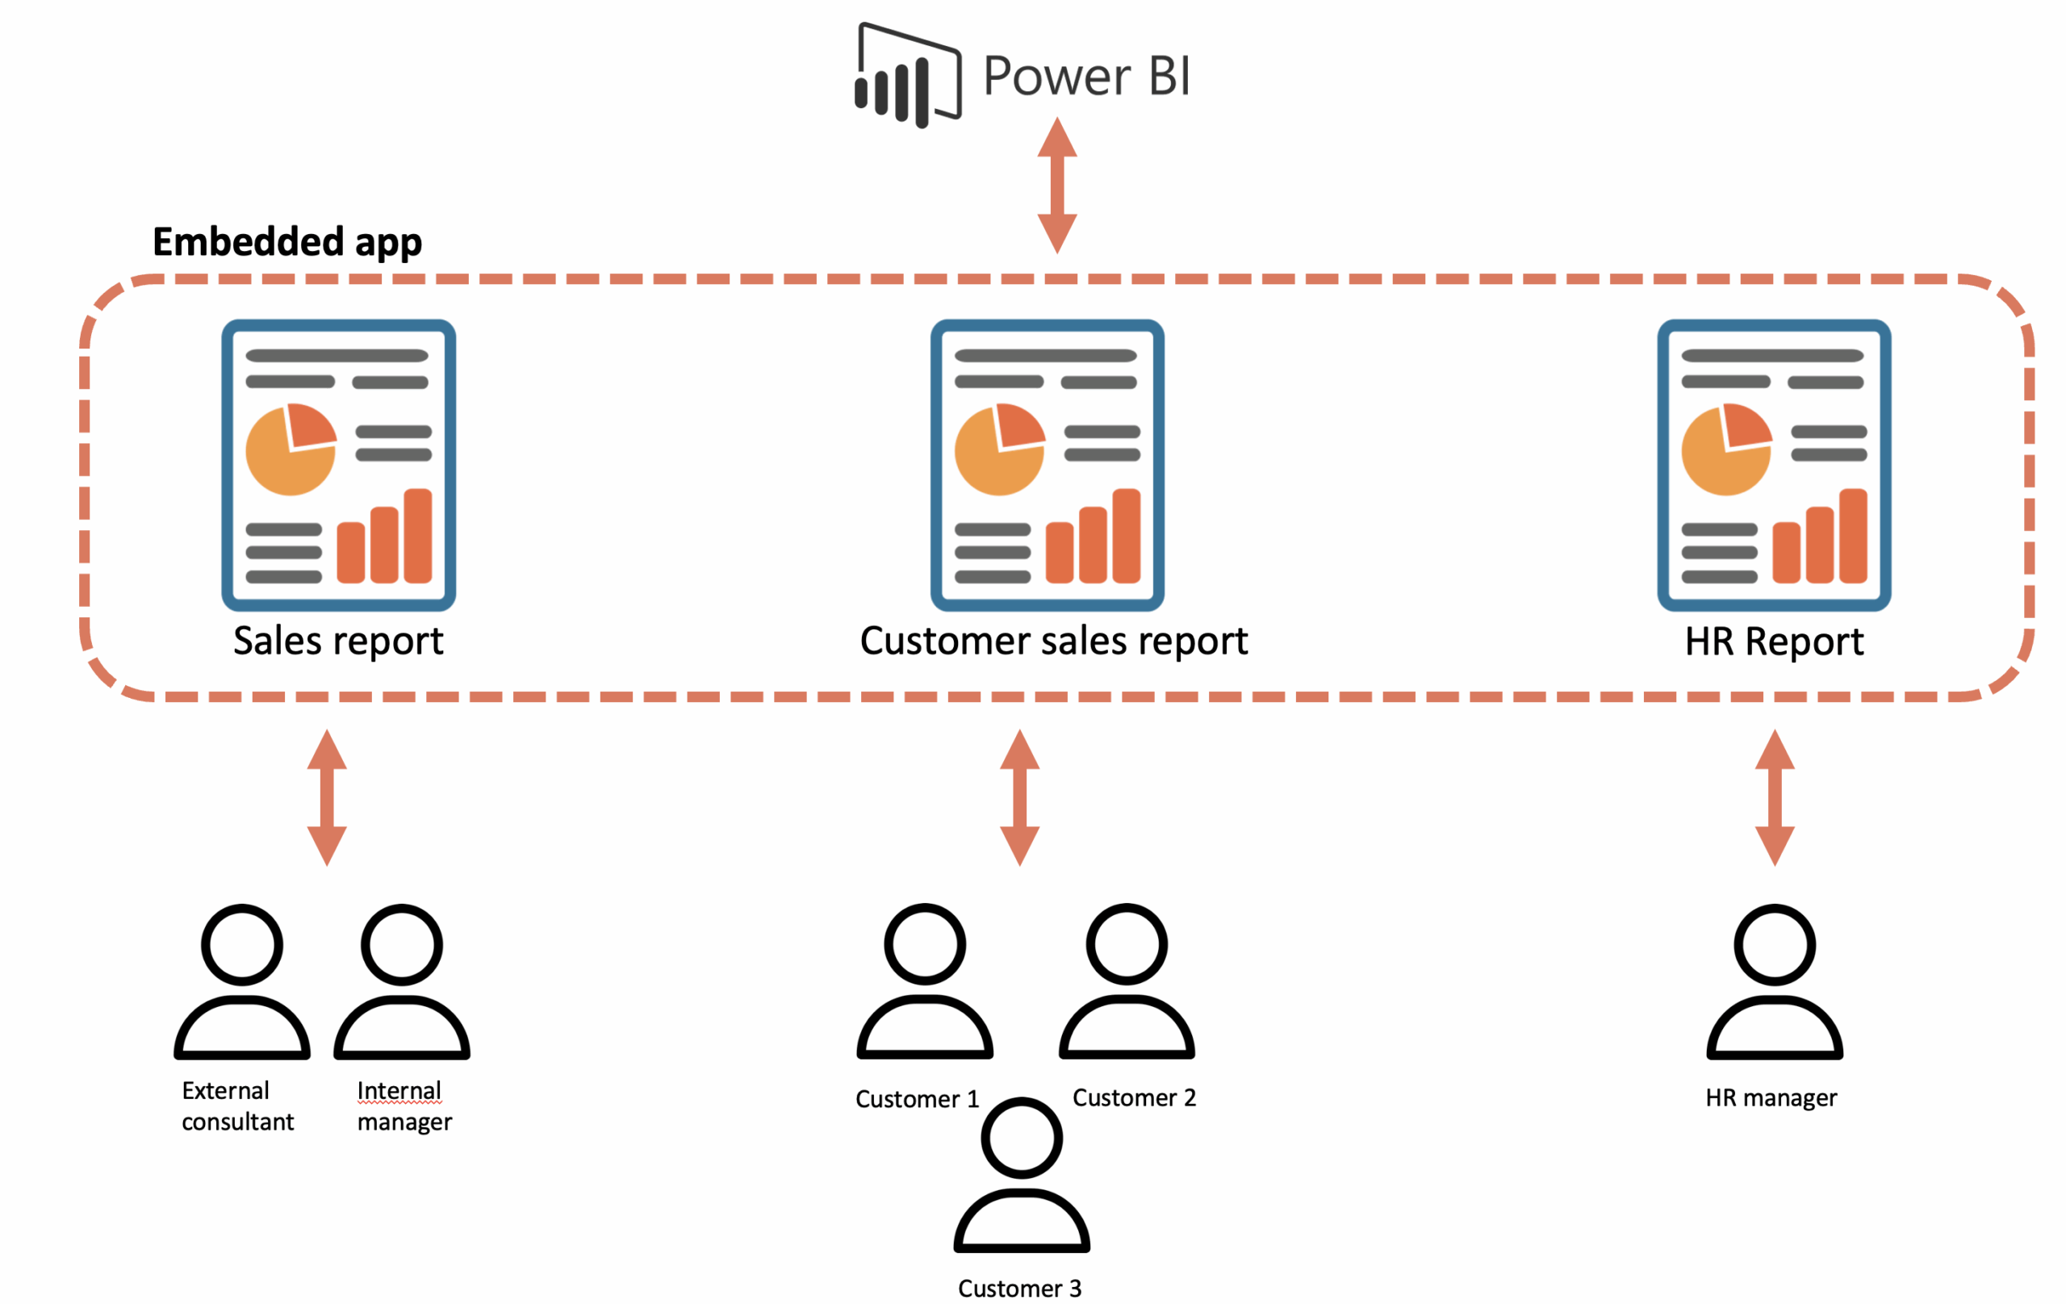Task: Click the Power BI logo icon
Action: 908,76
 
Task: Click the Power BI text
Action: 1086,76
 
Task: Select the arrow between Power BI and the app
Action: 1057,186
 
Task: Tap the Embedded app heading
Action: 286,242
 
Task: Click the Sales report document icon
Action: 338,465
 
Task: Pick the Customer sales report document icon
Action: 1047,465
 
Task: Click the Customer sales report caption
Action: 1054,642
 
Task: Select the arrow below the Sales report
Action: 327,797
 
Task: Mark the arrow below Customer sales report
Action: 1019,797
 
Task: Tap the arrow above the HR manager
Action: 1775,797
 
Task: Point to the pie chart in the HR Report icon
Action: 1725,449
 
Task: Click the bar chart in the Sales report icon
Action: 384,538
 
